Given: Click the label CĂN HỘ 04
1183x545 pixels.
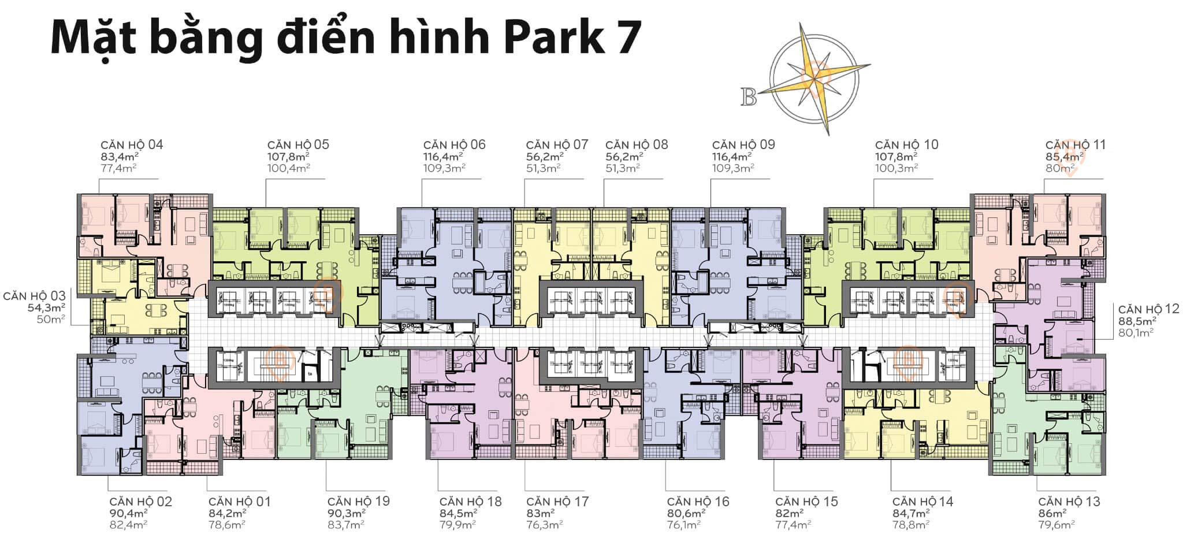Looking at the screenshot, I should (132, 144).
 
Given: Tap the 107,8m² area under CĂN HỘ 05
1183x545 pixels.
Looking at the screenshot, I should (288, 157).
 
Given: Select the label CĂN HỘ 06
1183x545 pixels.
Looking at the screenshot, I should (454, 144).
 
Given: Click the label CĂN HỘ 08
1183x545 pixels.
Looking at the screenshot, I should (637, 144).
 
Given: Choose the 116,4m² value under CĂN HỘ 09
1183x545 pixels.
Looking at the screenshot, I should (732, 157).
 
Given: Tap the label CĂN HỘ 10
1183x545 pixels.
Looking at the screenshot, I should (906, 144).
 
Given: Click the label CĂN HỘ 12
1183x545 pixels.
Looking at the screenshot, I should (1148, 309).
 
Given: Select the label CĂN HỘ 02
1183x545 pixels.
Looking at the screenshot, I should (140, 502).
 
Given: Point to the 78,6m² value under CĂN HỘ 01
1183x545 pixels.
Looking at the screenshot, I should (227, 525).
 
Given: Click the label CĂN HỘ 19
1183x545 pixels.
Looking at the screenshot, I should (358, 502).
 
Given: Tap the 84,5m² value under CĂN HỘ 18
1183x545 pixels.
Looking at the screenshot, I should (458, 513).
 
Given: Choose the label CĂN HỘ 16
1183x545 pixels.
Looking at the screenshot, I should (698, 502).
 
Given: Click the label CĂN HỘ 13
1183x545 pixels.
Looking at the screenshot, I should (1069, 502).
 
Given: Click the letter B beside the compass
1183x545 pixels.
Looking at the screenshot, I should (749, 98).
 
